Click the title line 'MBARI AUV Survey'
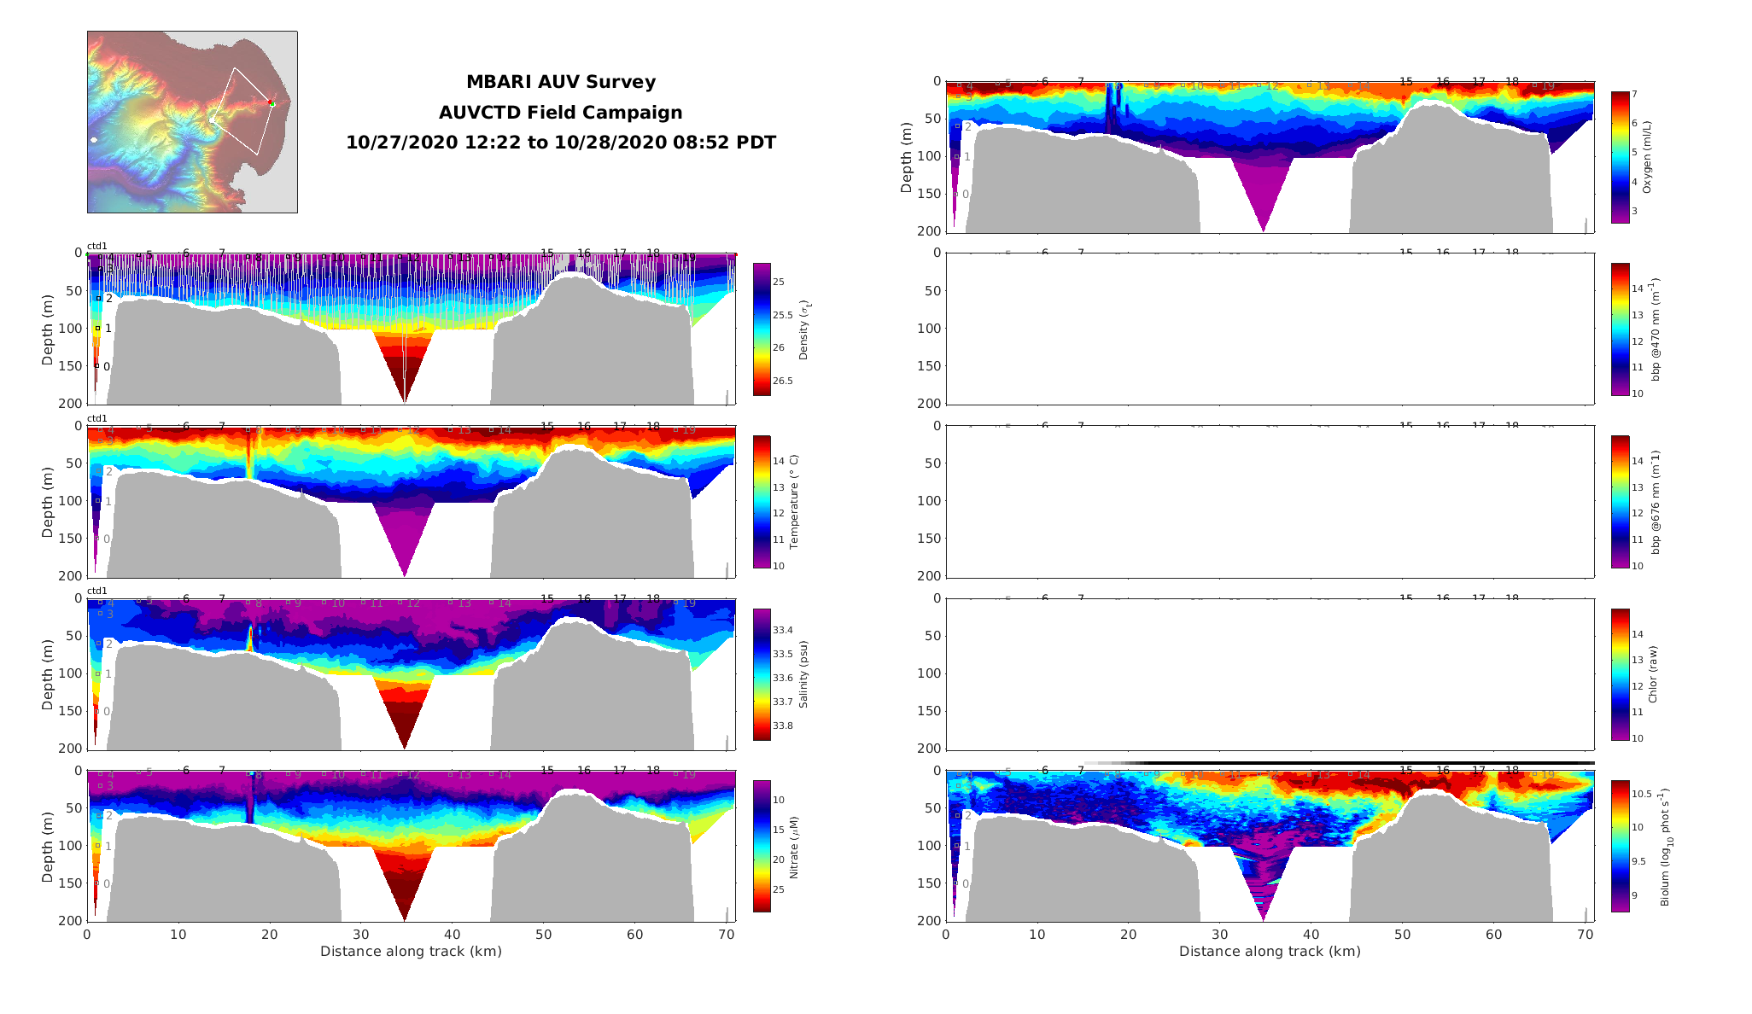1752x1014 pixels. coord(561,83)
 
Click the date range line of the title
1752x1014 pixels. coord(561,143)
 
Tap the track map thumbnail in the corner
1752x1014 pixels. coord(192,122)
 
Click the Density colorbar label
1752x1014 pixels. coord(803,329)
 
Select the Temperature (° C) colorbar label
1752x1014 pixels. coord(794,501)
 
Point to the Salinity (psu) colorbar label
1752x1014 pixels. coord(803,674)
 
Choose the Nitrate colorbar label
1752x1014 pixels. coord(794,847)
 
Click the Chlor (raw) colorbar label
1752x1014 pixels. coord(1653,674)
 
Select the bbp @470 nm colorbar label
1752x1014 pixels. coord(1656,329)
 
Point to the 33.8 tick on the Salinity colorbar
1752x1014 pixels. coord(782,726)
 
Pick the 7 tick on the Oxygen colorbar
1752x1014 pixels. coord(1634,95)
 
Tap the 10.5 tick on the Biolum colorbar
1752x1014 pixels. coord(1640,794)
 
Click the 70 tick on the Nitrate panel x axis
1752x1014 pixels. coord(726,935)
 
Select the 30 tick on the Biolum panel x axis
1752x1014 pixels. coord(1219,935)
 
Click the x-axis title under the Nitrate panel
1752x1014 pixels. coord(411,952)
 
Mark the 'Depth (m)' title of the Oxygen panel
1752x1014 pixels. coord(907,157)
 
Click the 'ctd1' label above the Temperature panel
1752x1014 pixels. coord(97,419)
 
